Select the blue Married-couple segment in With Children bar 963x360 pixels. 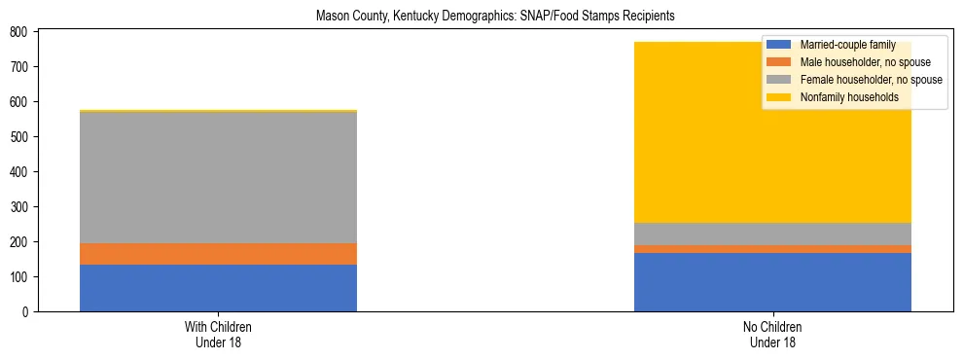(x=218, y=288)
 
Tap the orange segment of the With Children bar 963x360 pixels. (x=218, y=254)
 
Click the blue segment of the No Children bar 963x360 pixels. (x=772, y=282)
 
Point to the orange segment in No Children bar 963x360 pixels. (x=772, y=249)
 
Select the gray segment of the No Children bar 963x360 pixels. (x=772, y=234)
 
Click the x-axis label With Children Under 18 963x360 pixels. (x=218, y=335)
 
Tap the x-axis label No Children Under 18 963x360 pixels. (x=772, y=335)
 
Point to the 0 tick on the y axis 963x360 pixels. (x=26, y=312)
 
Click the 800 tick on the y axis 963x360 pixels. (x=20, y=32)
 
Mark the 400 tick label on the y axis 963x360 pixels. (x=20, y=172)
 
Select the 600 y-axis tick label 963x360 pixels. (x=20, y=102)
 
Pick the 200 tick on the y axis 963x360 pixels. (x=20, y=242)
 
